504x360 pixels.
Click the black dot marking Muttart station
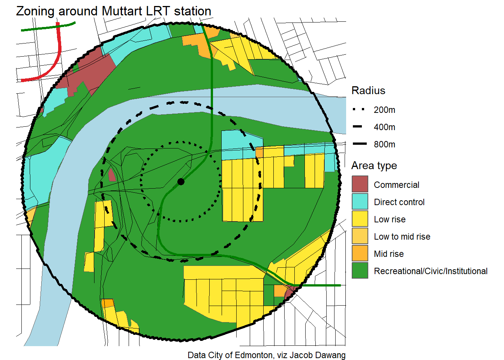(x=181, y=181)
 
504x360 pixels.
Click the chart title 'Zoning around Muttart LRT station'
(x=114, y=11)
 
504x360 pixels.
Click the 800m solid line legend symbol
(x=359, y=144)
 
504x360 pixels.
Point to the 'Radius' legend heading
(x=368, y=91)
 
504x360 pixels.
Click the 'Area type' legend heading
(x=374, y=166)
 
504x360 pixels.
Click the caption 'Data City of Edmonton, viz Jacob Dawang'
(x=266, y=355)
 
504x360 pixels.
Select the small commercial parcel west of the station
(x=112, y=175)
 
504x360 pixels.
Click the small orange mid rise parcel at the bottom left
(x=108, y=303)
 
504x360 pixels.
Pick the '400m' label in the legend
(x=384, y=127)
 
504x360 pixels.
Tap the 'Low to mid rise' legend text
(x=402, y=237)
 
